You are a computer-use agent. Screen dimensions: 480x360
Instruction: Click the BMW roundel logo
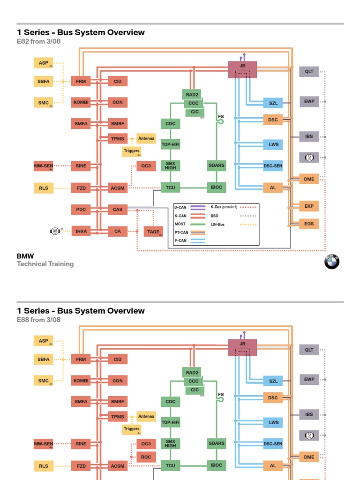[x=331, y=262]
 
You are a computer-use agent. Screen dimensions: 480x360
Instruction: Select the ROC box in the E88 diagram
[x=146, y=457]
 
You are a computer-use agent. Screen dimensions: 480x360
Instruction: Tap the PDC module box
[x=81, y=210]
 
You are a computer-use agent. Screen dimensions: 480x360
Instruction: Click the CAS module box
[x=118, y=210]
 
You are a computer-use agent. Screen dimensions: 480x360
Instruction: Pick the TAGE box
[x=153, y=232]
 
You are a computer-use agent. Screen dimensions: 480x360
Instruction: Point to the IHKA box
[x=81, y=231]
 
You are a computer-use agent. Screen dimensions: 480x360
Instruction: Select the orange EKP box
[x=309, y=206]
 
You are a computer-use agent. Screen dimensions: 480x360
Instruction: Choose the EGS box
[x=309, y=224]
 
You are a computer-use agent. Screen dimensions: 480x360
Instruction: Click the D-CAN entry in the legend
[x=180, y=207]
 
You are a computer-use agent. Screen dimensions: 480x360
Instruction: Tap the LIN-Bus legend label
[x=217, y=225]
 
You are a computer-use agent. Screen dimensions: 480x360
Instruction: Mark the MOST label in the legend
[x=180, y=225]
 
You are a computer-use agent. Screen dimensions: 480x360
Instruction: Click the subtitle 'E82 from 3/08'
[x=39, y=41]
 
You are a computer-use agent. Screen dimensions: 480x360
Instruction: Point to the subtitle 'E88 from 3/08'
[x=39, y=320]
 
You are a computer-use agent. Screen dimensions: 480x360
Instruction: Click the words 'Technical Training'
[x=45, y=264]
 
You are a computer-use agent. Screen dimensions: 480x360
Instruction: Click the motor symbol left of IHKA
[x=55, y=231]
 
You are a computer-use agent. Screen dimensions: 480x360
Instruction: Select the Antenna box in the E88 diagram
[x=146, y=416]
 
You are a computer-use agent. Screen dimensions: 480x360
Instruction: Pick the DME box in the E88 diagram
[x=309, y=457]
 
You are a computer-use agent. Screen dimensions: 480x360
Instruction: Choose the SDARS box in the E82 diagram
[x=216, y=165]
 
